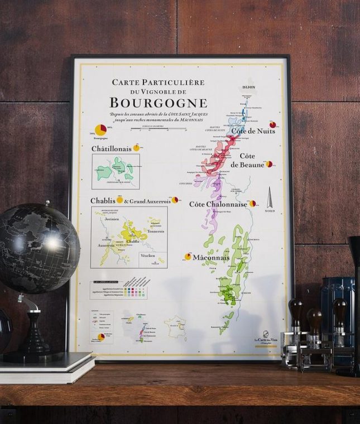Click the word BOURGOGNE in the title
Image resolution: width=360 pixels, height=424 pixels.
tap(158, 103)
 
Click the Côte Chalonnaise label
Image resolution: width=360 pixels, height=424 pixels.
tap(218, 204)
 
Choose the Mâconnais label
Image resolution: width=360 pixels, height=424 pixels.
tap(211, 258)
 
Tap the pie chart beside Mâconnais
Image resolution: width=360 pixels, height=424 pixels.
tap(188, 257)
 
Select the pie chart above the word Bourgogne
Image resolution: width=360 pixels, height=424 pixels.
tap(100, 130)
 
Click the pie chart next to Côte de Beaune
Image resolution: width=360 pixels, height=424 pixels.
tap(269, 164)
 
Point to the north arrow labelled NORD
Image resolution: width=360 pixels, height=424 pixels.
tap(270, 198)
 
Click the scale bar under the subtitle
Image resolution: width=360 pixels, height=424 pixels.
tap(150, 129)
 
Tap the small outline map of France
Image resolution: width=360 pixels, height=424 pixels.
tap(175, 328)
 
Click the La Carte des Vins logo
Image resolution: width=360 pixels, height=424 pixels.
tap(265, 340)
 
